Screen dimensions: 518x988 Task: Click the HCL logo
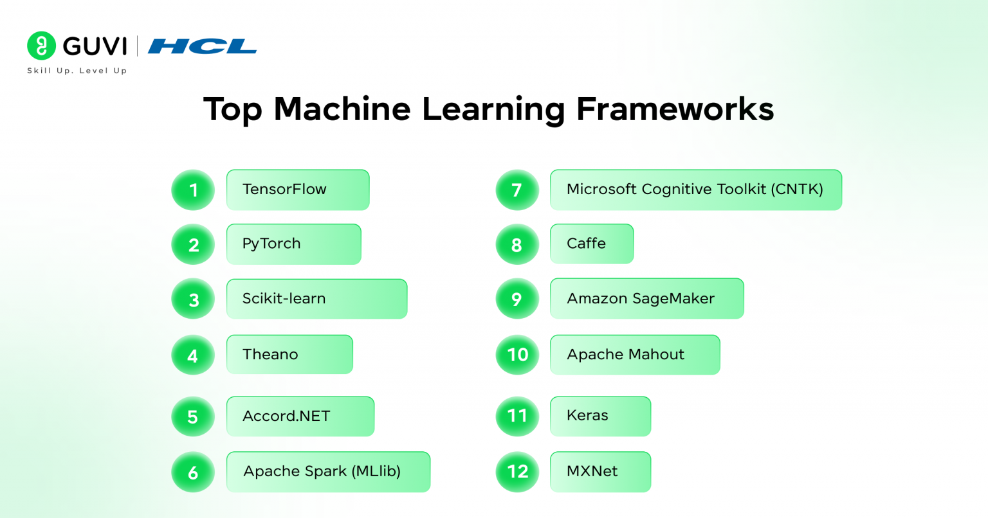[202, 46]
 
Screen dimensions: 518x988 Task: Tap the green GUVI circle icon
[41, 46]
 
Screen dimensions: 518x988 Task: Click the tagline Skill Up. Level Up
[77, 71]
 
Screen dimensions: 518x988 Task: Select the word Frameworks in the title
[675, 109]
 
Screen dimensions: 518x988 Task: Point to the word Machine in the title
[342, 109]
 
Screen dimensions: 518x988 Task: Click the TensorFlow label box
[298, 190]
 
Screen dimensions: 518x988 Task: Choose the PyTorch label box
[293, 244]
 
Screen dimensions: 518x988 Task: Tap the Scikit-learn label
[316, 299]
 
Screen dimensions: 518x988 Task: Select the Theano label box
[289, 354]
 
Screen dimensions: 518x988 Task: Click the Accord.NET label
[300, 416]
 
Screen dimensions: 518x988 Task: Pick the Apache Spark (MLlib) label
[328, 472]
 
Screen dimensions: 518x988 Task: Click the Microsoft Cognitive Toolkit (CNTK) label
[695, 190]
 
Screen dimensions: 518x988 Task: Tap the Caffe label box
[592, 244]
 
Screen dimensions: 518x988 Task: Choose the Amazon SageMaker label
[646, 299]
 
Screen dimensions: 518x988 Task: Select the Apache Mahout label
[634, 354]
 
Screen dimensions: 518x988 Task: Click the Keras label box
[600, 416]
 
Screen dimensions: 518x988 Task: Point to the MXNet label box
[600, 472]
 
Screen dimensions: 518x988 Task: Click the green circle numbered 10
[517, 355]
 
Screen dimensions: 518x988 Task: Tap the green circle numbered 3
[193, 299]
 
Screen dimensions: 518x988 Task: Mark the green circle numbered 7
[517, 190]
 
